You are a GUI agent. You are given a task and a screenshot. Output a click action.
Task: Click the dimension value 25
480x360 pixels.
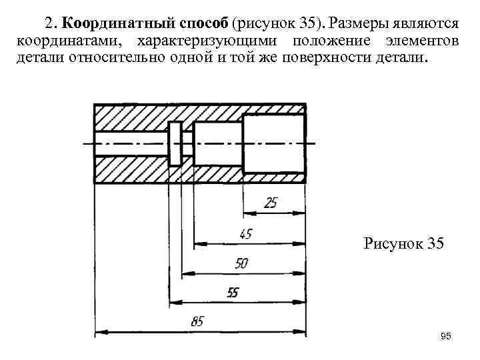271,203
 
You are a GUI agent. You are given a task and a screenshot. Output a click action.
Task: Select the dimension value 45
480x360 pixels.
246,234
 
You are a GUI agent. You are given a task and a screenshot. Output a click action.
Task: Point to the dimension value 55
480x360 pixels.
233,293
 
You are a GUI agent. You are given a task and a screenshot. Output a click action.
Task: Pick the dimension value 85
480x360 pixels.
197,322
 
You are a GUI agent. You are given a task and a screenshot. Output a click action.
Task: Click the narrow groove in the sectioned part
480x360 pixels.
175,143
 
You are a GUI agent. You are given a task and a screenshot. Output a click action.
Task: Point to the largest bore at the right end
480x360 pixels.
273,143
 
